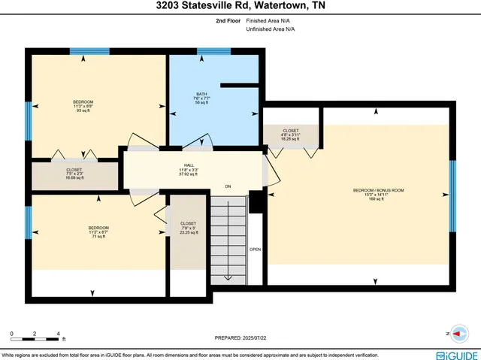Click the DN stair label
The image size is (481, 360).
pos(228,185)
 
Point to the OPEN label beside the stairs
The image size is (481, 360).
pos(256,249)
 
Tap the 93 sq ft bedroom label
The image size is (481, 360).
pos(83,106)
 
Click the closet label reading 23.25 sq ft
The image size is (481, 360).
pos(188,228)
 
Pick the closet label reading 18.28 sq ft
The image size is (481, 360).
pos(290,135)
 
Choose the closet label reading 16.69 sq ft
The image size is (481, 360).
pos(74,174)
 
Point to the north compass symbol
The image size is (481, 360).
pos(456,331)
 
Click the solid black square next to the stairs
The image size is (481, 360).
pos(256,201)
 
